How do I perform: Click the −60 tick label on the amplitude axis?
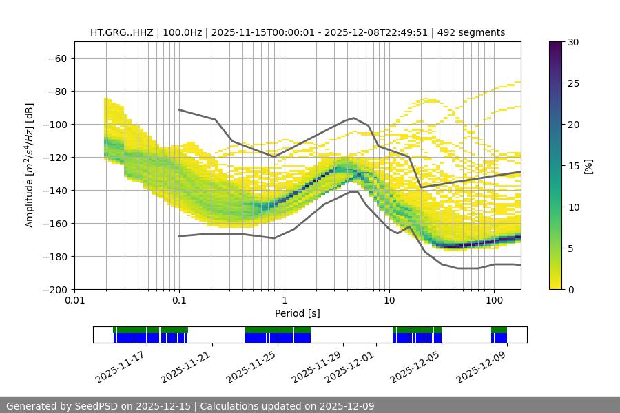point(57,58)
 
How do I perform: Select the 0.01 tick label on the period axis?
point(74,301)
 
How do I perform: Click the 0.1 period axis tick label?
point(179,301)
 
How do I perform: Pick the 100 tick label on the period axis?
point(493,301)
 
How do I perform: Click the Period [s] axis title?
point(297,313)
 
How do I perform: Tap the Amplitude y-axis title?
point(30,165)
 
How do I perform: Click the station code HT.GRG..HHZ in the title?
point(122,32)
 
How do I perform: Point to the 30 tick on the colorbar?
point(572,42)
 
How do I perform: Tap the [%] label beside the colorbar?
point(588,166)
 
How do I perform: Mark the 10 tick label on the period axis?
point(389,301)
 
